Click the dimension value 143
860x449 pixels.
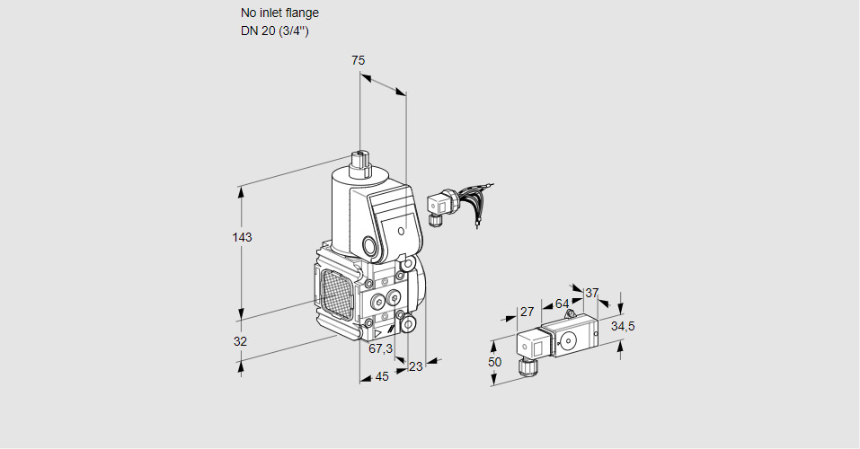[x=241, y=238]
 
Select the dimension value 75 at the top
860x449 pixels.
[x=358, y=60]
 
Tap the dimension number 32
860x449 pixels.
[x=240, y=341]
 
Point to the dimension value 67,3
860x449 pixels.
[x=380, y=348]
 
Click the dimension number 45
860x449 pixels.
[x=381, y=376]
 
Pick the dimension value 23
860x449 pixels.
[x=415, y=365]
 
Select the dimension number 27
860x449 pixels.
[x=528, y=312]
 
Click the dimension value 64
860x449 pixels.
[x=562, y=304]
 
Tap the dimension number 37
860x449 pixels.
[x=591, y=293]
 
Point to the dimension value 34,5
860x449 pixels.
[x=623, y=326]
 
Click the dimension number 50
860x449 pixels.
[x=494, y=361]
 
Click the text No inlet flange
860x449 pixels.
[x=279, y=13]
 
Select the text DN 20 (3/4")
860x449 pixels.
[x=274, y=31]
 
